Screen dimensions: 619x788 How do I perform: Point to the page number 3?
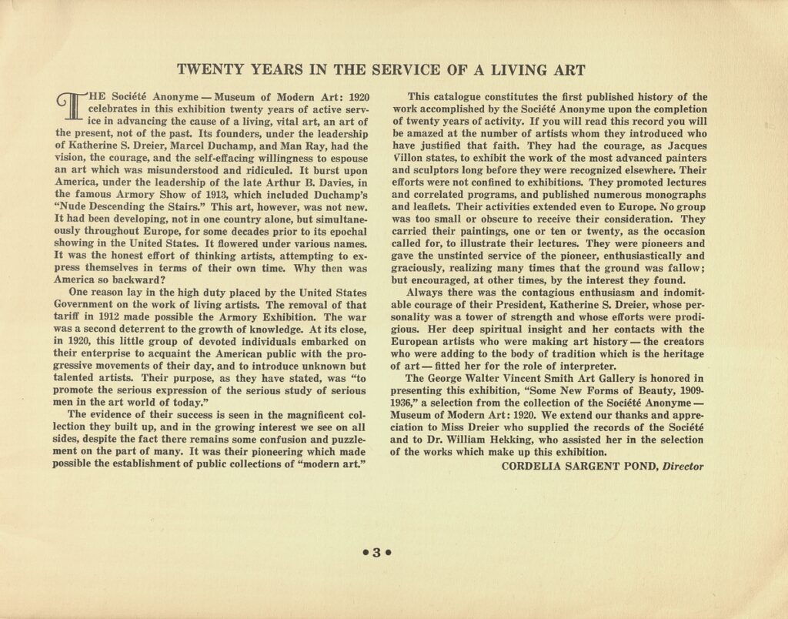[x=378, y=551]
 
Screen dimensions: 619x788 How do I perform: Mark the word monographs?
[x=669, y=195]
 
